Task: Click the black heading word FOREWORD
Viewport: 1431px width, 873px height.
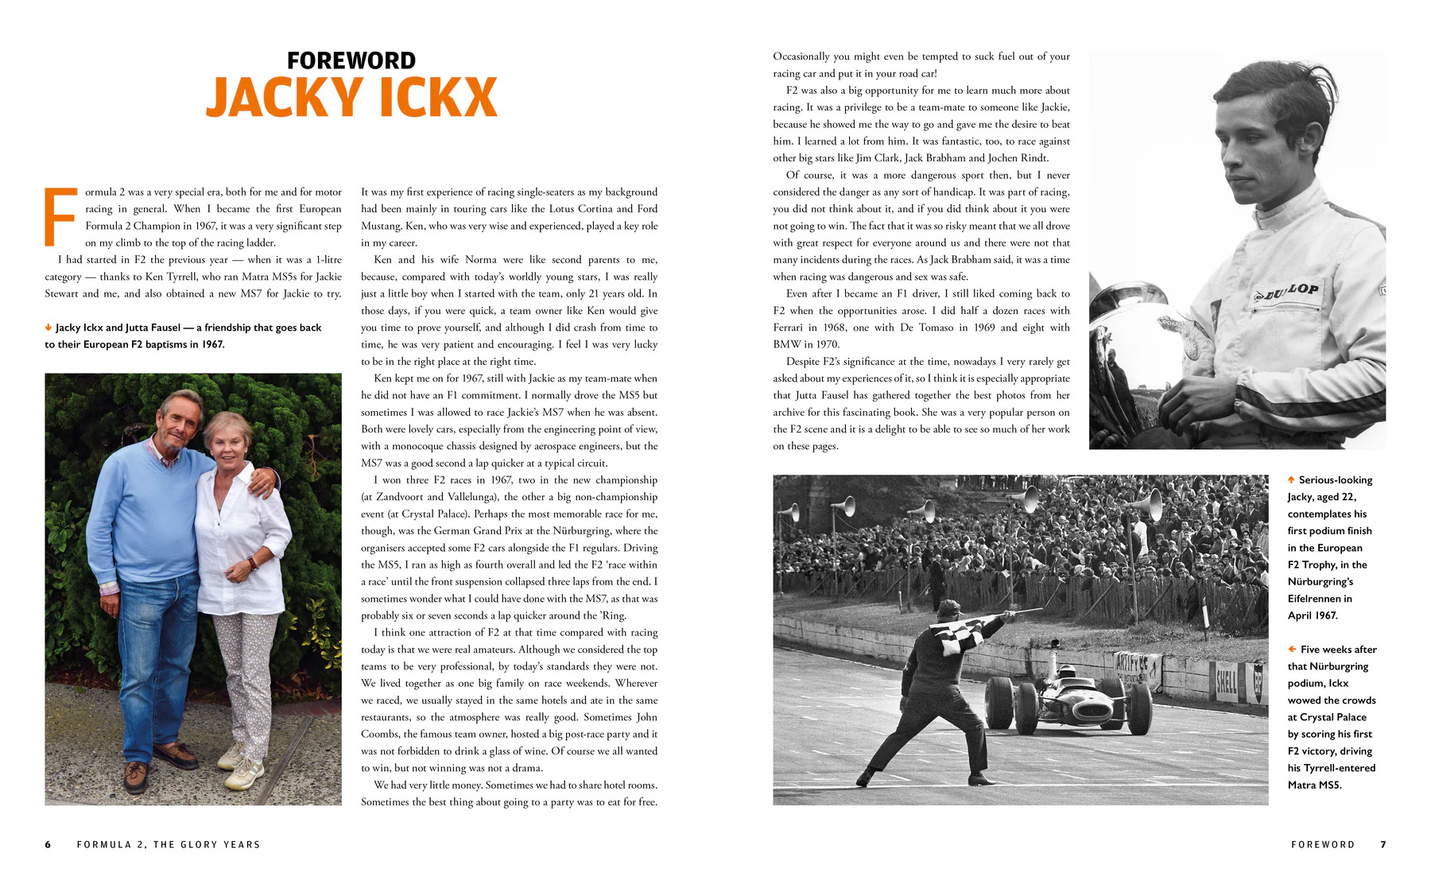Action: (x=351, y=60)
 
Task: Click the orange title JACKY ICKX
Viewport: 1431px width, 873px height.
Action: (x=351, y=98)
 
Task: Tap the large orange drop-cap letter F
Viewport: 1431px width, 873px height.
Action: (x=60, y=217)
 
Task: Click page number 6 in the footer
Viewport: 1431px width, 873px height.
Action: (x=48, y=844)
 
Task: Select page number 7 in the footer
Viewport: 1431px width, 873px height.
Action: (x=1383, y=844)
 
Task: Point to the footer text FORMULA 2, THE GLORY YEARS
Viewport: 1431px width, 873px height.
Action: (x=169, y=844)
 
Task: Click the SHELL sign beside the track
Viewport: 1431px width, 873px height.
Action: (x=1226, y=681)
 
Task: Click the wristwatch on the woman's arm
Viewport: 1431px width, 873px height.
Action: (x=253, y=563)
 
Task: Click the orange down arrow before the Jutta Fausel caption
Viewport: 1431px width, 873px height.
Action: (x=48, y=328)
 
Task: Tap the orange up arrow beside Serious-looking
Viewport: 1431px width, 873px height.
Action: (x=1291, y=479)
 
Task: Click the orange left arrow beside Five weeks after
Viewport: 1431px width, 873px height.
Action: (x=1292, y=650)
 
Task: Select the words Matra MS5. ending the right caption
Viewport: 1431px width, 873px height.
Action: (x=1314, y=785)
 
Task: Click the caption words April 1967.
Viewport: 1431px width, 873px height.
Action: (x=1313, y=615)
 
